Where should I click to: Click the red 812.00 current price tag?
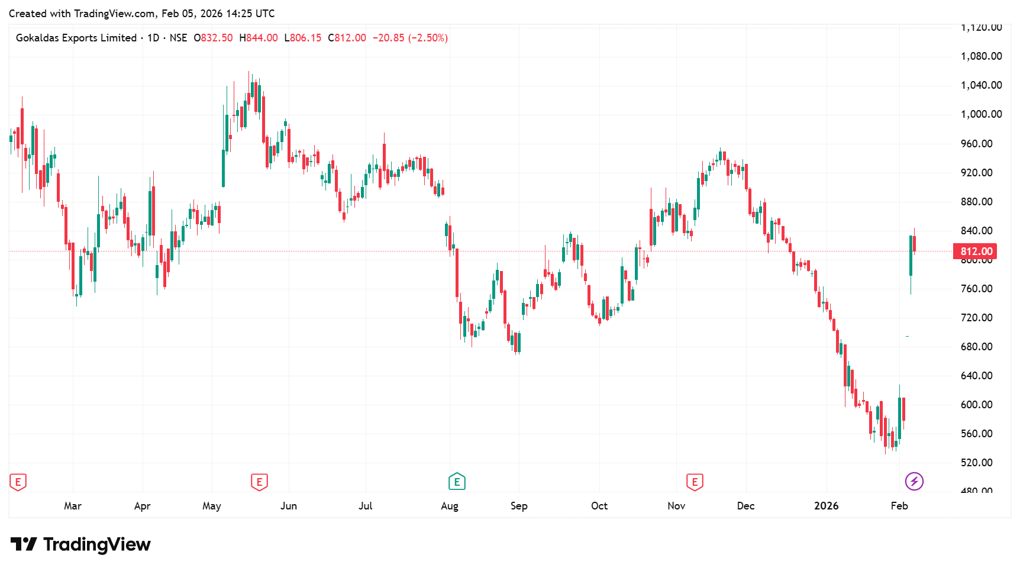pos(975,251)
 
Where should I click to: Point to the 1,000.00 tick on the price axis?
pos(981,114)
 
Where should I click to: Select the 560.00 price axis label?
pos(976,434)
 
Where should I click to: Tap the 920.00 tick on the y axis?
pos(976,173)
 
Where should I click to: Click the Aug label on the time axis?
pos(450,506)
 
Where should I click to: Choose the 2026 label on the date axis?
pos(826,506)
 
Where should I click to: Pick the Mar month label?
pos(73,506)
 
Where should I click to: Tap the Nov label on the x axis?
pos(676,506)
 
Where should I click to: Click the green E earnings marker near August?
pos(457,482)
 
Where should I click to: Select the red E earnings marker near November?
pos(695,482)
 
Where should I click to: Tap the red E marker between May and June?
pos(259,482)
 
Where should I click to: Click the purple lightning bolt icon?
pos(914,481)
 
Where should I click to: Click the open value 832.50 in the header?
pos(217,38)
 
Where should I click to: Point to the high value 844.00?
pos(262,38)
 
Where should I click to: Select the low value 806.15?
pos(306,38)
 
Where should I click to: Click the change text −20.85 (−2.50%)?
pos(410,38)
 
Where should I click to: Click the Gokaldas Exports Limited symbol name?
pos(76,38)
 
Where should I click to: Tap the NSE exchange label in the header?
pos(178,38)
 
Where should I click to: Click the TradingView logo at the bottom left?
pos(81,544)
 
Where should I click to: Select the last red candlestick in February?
pos(915,244)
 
